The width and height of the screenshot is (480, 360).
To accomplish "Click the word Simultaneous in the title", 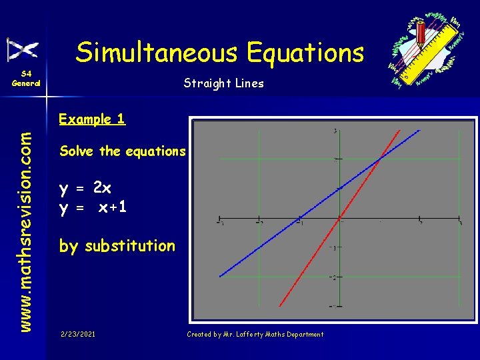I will coord(157,52).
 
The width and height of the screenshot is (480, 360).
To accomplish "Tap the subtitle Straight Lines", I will coord(224,83).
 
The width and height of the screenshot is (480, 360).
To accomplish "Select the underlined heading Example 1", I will coord(92,119).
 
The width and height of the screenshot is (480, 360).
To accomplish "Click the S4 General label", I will coord(26,79).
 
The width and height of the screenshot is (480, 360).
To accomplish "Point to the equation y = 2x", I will coord(85,189).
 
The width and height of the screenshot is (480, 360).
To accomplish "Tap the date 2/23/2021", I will coord(77,334).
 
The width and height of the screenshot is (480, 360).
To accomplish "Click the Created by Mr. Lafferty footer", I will coord(255,334).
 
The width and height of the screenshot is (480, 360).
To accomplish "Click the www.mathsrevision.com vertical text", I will coord(25,222).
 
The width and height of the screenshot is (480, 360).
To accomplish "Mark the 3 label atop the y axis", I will coord(335,131).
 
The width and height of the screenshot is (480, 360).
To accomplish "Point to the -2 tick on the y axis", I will coord(335,276).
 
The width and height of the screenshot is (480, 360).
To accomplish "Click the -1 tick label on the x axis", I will coord(300,223).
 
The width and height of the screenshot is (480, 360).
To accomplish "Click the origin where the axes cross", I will coord(340,218).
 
